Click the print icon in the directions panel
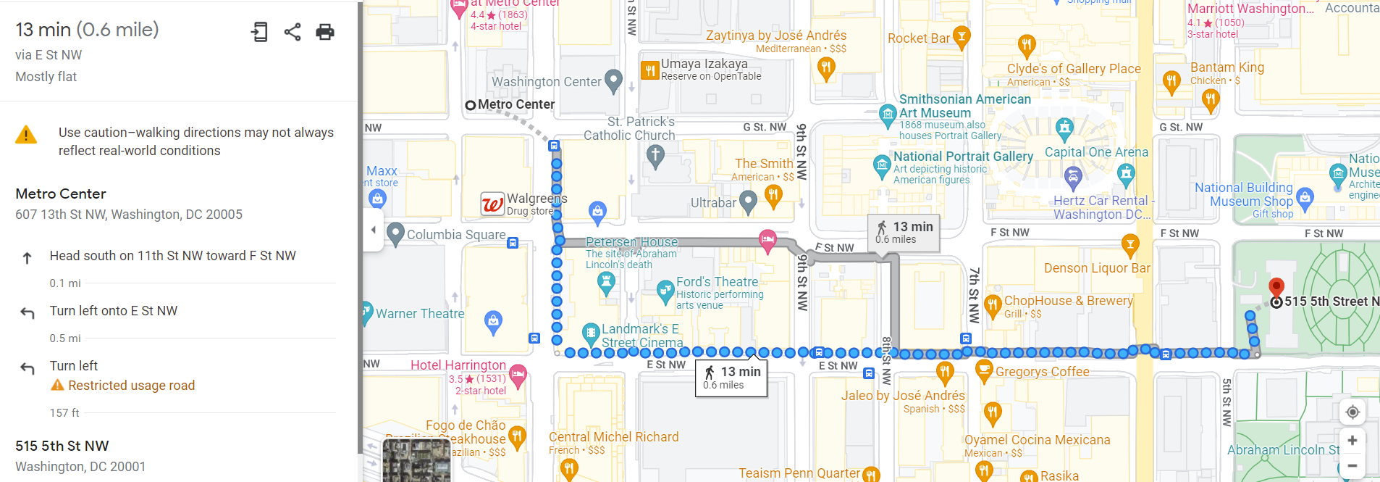[x=325, y=32]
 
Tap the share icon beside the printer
[x=293, y=32]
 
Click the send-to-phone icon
[x=259, y=32]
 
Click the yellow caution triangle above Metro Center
[x=26, y=135]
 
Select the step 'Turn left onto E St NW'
[x=114, y=311]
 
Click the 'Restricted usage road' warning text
[x=131, y=386]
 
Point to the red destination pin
[x=1276, y=287]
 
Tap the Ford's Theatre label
[x=717, y=282]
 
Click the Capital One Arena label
[x=1096, y=152]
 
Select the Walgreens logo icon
[x=492, y=204]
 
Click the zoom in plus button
[x=1352, y=441]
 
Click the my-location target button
[x=1352, y=412]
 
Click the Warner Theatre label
[x=420, y=314]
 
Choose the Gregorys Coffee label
[x=1042, y=372]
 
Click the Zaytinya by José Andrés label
[x=776, y=36]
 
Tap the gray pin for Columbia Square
[x=395, y=234]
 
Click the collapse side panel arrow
[x=374, y=230]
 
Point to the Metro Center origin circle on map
[x=471, y=105]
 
